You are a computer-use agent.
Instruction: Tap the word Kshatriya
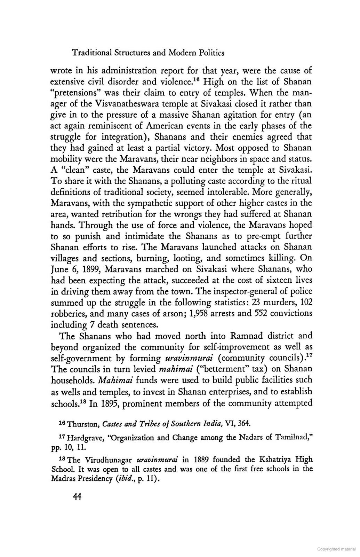[x=274, y=460]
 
